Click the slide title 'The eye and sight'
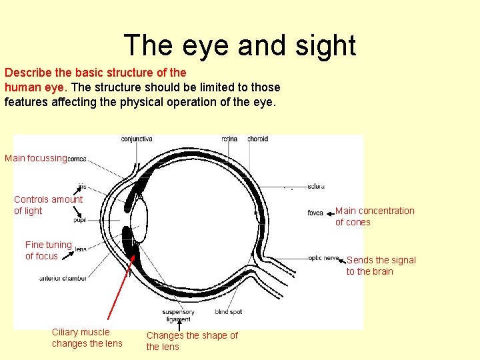coord(240,46)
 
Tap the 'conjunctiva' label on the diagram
coord(137,139)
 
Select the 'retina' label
coord(229,139)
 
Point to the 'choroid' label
coord(257,139)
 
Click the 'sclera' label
coord(316,186)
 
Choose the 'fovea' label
coord(315,213)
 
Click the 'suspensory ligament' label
coord(178,315)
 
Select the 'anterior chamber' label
coord(63,278)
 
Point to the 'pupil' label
coord(79,219)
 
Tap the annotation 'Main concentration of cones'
coord(375,217)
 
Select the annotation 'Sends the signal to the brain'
coord(381,265)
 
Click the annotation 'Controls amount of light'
coord(48,205)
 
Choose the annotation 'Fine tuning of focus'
coord(48,250)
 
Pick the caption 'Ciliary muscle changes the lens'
coord(87,337)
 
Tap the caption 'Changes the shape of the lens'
coord(192,341)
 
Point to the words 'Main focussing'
coord(36,159)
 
